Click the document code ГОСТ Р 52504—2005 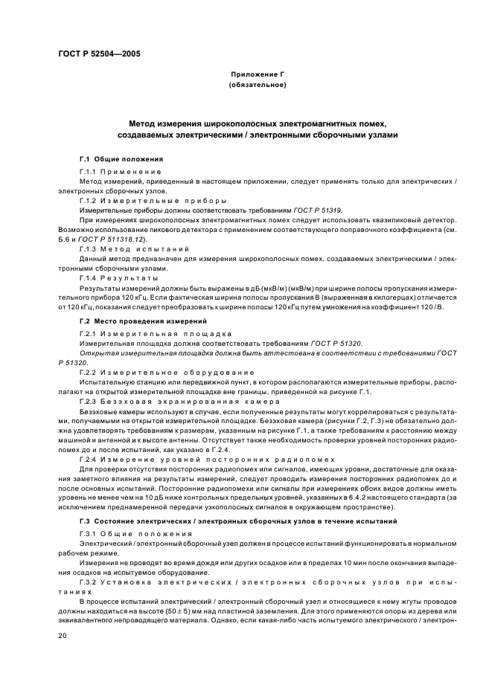coord(98,54)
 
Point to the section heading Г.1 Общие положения coord(121,160)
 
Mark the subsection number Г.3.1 coord(89,535)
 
